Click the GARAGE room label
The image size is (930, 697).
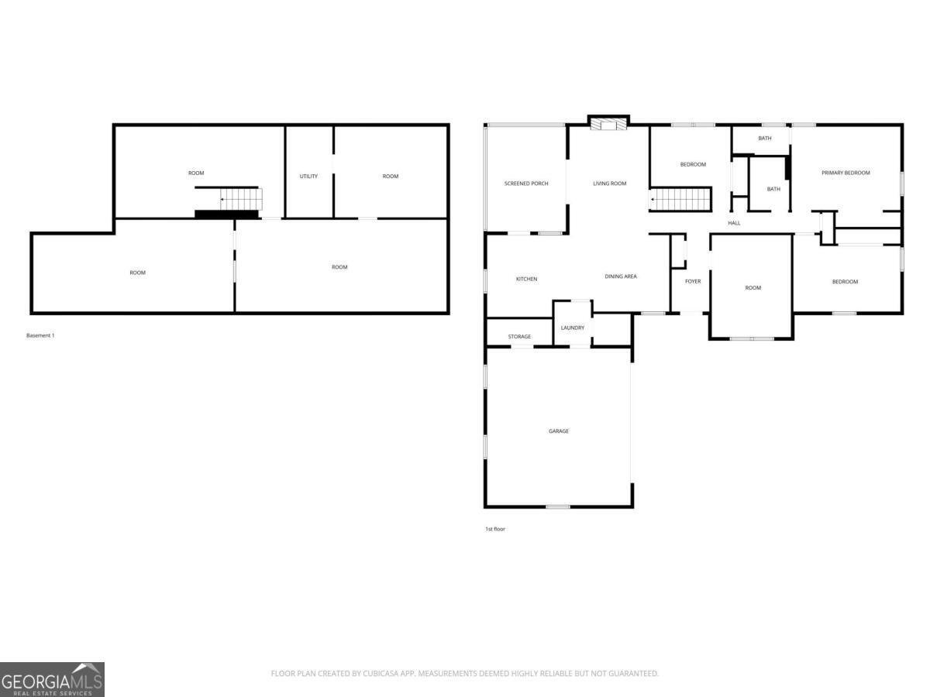point(559,431)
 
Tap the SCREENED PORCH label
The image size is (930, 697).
point(526,184)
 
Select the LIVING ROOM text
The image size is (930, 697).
point(609,184)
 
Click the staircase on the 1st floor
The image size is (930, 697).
point(680,200)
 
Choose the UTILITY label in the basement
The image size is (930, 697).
point(308,177)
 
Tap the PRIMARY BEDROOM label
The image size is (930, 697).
point(846,173)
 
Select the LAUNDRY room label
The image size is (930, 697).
point(572,328)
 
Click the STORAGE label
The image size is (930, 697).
point(519,337)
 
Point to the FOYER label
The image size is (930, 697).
point(693,281)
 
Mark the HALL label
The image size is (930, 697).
point(734,223)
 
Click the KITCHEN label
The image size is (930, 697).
point(526,279)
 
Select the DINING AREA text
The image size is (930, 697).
point(621,276)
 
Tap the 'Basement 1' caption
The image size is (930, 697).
point(40,336)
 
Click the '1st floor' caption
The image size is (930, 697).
point(494,529)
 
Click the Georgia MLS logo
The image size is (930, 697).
point(52,679)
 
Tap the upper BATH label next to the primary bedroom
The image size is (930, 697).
point(764,139)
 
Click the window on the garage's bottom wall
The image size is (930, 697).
point(557,506)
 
